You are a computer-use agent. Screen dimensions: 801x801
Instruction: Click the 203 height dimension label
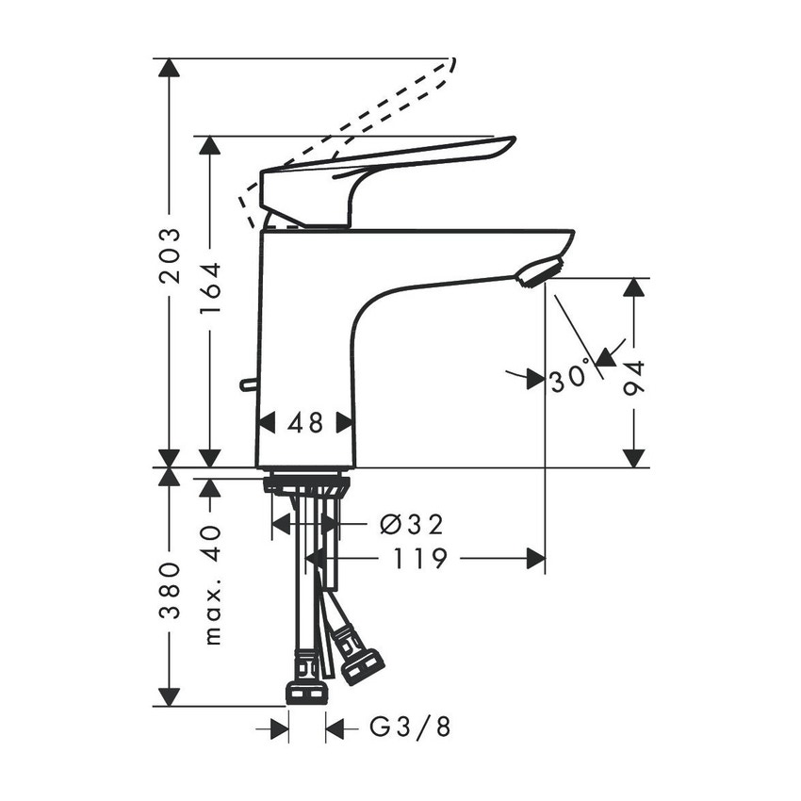coord(169,255)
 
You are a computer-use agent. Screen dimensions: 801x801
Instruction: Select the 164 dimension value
coord(211,287)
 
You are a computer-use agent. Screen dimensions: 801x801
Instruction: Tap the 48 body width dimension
coord(305,424)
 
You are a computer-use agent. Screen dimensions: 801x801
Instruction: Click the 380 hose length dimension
coord(169,591)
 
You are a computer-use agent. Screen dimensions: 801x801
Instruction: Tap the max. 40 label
coord(212,584)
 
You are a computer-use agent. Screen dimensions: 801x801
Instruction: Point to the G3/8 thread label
coord(404,727)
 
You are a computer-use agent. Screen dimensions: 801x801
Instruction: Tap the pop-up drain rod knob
coord(248,384)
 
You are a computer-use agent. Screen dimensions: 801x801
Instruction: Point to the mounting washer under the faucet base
coord(306,485)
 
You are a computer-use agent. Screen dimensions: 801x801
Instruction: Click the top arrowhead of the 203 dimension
coord(169,68)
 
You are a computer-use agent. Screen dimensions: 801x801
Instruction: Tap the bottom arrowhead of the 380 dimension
coord(169,696)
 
